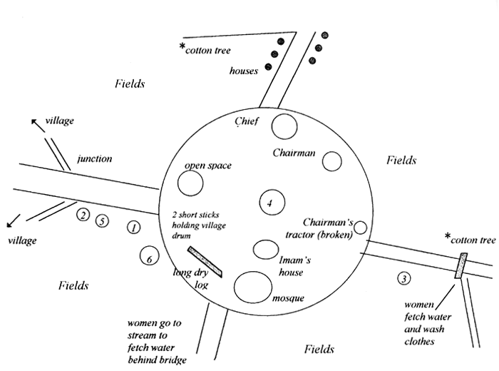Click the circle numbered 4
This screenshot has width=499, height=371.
[x=269, y=203]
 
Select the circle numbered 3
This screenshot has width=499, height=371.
[x=404, y=279]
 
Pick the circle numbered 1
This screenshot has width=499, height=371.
[x=133, y=228]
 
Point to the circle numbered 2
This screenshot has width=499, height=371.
[x=83, y=214]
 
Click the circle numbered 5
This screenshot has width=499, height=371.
[x=102, y=220]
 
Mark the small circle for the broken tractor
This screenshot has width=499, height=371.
[x=360, y=228]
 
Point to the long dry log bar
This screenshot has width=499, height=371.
[x=205, y=262]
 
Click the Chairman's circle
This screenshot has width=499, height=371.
[x=332, y=161]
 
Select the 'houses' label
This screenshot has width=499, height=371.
[x=244, y=71]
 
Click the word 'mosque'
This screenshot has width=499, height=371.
[x=288, y=298]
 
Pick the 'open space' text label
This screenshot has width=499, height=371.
[x=208, y=166]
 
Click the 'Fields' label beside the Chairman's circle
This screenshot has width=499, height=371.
[x=401, y=161]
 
